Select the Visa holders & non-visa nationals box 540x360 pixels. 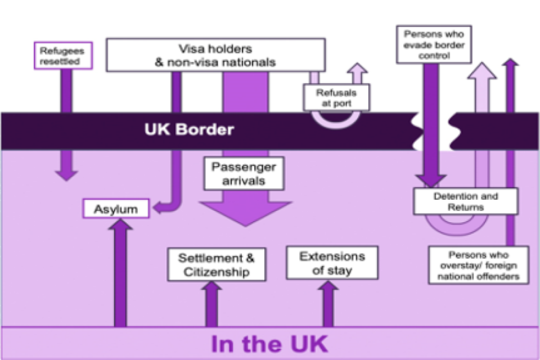tap(215, 55)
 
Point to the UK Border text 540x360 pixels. tap(189, 130)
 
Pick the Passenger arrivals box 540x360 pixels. tap(244, 174)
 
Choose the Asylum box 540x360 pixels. tap(116, 209)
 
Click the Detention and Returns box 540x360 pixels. tap(465, 201)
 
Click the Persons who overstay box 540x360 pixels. tap(478, 264)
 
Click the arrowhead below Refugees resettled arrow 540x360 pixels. tap(67, 174)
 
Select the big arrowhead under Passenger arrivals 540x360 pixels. tap(244, 214)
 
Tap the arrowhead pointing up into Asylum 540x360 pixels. tap(120, 224)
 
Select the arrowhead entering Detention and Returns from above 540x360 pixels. tap(431, 181)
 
